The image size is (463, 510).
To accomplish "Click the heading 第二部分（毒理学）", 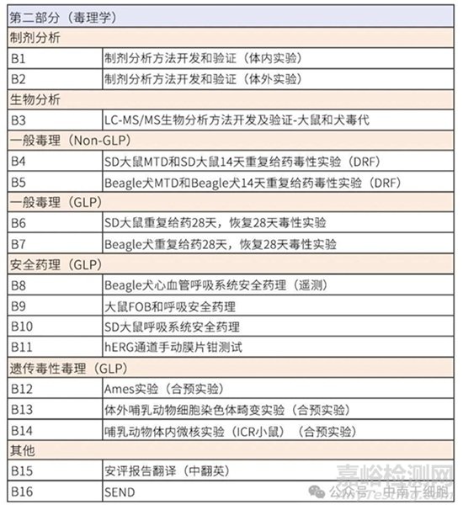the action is (64, 17).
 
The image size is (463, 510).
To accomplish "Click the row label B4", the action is (19, 161).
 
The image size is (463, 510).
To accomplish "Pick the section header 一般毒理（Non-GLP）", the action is (66, 141).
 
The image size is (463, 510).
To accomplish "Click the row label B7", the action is (19, 244).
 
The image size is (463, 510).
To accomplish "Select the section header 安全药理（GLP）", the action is (56, 264).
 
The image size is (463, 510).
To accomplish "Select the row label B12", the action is (22, 388).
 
